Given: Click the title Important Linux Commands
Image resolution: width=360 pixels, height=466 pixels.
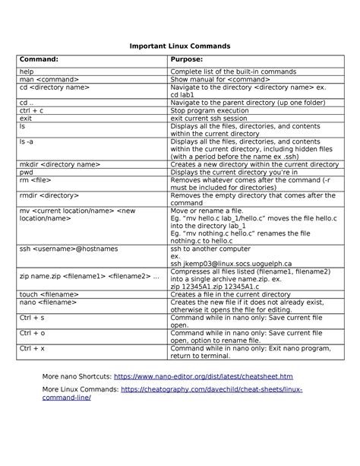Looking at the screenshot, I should pos(180,46).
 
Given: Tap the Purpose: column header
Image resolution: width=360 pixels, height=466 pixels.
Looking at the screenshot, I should pos(191,59).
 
